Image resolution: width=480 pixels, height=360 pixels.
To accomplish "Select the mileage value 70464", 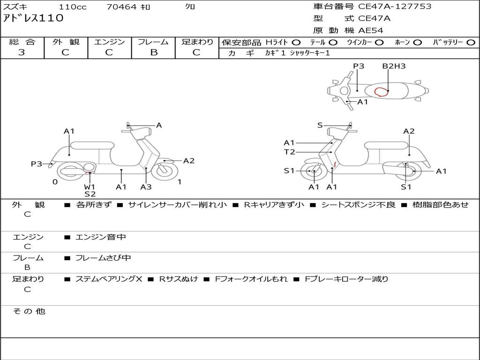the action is click(x=122, y=7).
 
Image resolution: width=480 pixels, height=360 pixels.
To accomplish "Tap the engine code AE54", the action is click(x=371, y=30).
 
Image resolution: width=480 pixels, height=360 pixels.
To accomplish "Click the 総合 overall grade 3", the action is click(x=22, y=52).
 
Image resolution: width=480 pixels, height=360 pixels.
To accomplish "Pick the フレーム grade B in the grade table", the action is click(x=154, y=52).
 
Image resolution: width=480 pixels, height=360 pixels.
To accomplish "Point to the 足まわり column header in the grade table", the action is click(x=197, y=42).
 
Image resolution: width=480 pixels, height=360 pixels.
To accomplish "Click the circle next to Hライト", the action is click(x=296, y=43).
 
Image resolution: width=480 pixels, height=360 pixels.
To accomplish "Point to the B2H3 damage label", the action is click(x=394, y=66).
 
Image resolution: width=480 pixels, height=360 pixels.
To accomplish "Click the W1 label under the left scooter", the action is click(x=90, y=187).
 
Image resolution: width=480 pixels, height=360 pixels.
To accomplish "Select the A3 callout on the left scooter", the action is click(x=146, y=187).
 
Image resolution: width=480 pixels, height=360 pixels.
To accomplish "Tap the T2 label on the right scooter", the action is click(x=289, y=152).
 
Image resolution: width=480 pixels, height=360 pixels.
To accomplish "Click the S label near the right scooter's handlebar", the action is click(x=320, y=125).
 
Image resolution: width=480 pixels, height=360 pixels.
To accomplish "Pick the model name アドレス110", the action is click(x=33, y=18).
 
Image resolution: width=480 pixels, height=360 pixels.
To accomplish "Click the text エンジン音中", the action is click(x=101, y=237).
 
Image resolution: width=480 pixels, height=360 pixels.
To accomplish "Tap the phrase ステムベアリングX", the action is click(x=109, y=279).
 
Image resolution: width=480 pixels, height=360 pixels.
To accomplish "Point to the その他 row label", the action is click(x=29, y=311).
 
